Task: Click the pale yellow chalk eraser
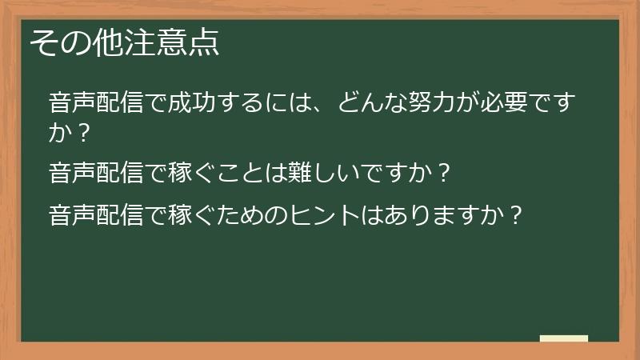pos(563,338)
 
